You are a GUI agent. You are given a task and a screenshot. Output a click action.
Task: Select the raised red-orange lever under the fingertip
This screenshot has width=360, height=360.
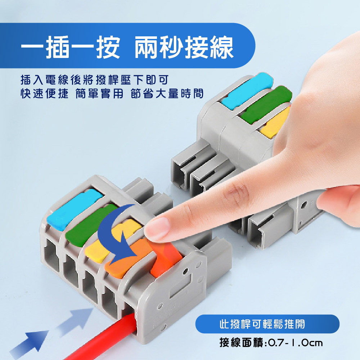click(x=166, y=257)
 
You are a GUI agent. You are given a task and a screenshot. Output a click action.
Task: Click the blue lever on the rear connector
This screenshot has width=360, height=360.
click(x=247, y=90)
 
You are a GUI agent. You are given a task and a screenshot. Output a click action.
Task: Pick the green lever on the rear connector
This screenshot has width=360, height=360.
click(x=266, y=105)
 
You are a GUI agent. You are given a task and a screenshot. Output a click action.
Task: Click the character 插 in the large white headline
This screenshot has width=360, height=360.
click(x=57, y=47)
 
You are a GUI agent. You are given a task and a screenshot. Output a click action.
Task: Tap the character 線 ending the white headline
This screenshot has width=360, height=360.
click(x=222, y=47)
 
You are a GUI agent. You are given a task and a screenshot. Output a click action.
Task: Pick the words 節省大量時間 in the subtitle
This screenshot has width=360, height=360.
click(x=167, y=94)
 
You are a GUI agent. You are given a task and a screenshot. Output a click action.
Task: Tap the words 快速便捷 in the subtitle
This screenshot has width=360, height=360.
click(x=45, y=94)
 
